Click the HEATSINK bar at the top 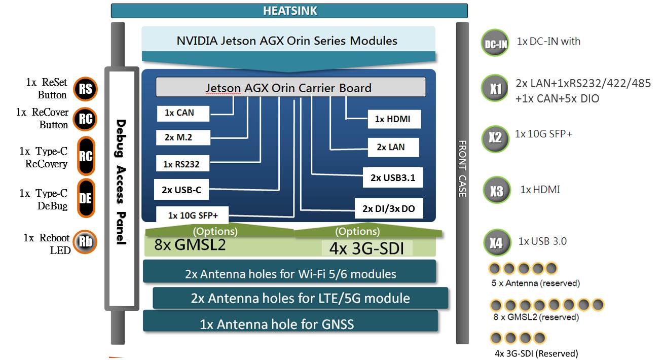pos(289,11)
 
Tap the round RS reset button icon pos(85,89)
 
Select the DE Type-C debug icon pos(86,198)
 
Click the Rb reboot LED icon pos(85,242)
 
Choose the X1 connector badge pos(495,90)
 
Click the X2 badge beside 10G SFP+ pos(495,137)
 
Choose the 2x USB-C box pos(181,190)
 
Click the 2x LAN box pos(391,147)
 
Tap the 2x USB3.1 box pos(392,178)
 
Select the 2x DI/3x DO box pos(388,208)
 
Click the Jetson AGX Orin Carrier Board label pos(290,88)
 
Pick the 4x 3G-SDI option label pos(367,248)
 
